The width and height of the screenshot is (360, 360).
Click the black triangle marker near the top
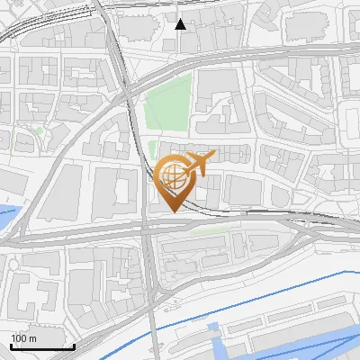tap(181, 24)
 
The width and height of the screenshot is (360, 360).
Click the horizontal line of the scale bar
tap(42, 346)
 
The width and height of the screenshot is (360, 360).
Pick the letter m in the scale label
tap(32, 338)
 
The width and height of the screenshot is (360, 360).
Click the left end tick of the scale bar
tap(11, 345)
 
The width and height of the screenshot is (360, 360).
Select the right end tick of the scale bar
tap(74, 345)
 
